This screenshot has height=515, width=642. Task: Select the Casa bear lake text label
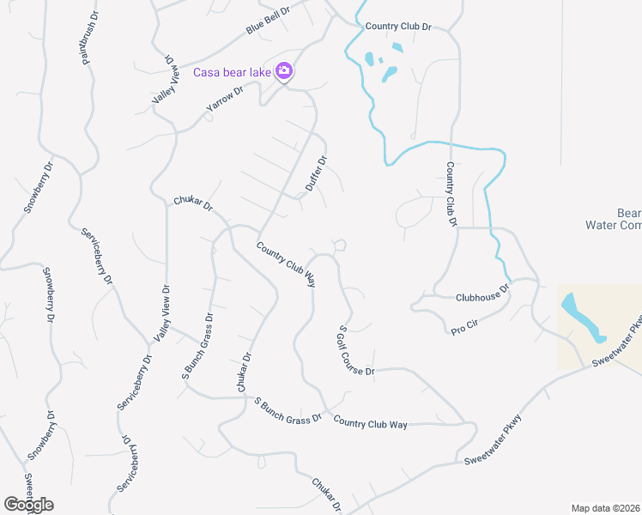click(232, 72)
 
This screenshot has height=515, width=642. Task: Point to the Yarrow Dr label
click(225, 100)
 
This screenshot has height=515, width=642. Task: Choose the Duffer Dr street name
click(317, 173)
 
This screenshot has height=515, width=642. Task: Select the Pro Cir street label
click(464, 325)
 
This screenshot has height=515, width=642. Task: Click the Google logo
click(28, 505)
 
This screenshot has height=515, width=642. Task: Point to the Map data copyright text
click(606, 508)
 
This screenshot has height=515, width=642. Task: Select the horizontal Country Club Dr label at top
click(397, 27)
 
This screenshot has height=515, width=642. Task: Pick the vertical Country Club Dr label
click(449, 195)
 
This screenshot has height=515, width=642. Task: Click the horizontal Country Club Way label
click(370, 423)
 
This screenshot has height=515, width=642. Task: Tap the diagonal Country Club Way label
click(286, 263)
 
